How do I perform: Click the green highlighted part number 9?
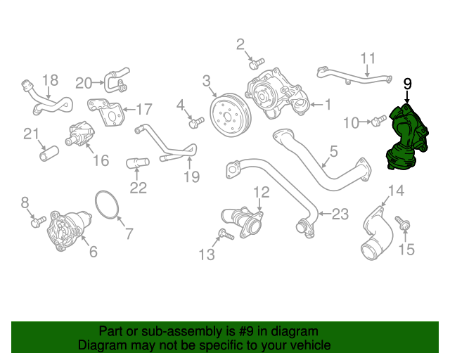[407, 138]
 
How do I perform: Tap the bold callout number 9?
[408, 84]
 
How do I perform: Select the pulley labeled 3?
[231, 115]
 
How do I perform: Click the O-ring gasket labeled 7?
[107, 205]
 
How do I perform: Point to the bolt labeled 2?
[257, 63]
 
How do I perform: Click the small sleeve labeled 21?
[49, 153]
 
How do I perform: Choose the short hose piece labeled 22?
[138, 163]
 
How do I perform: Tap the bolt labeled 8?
[39, 222]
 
